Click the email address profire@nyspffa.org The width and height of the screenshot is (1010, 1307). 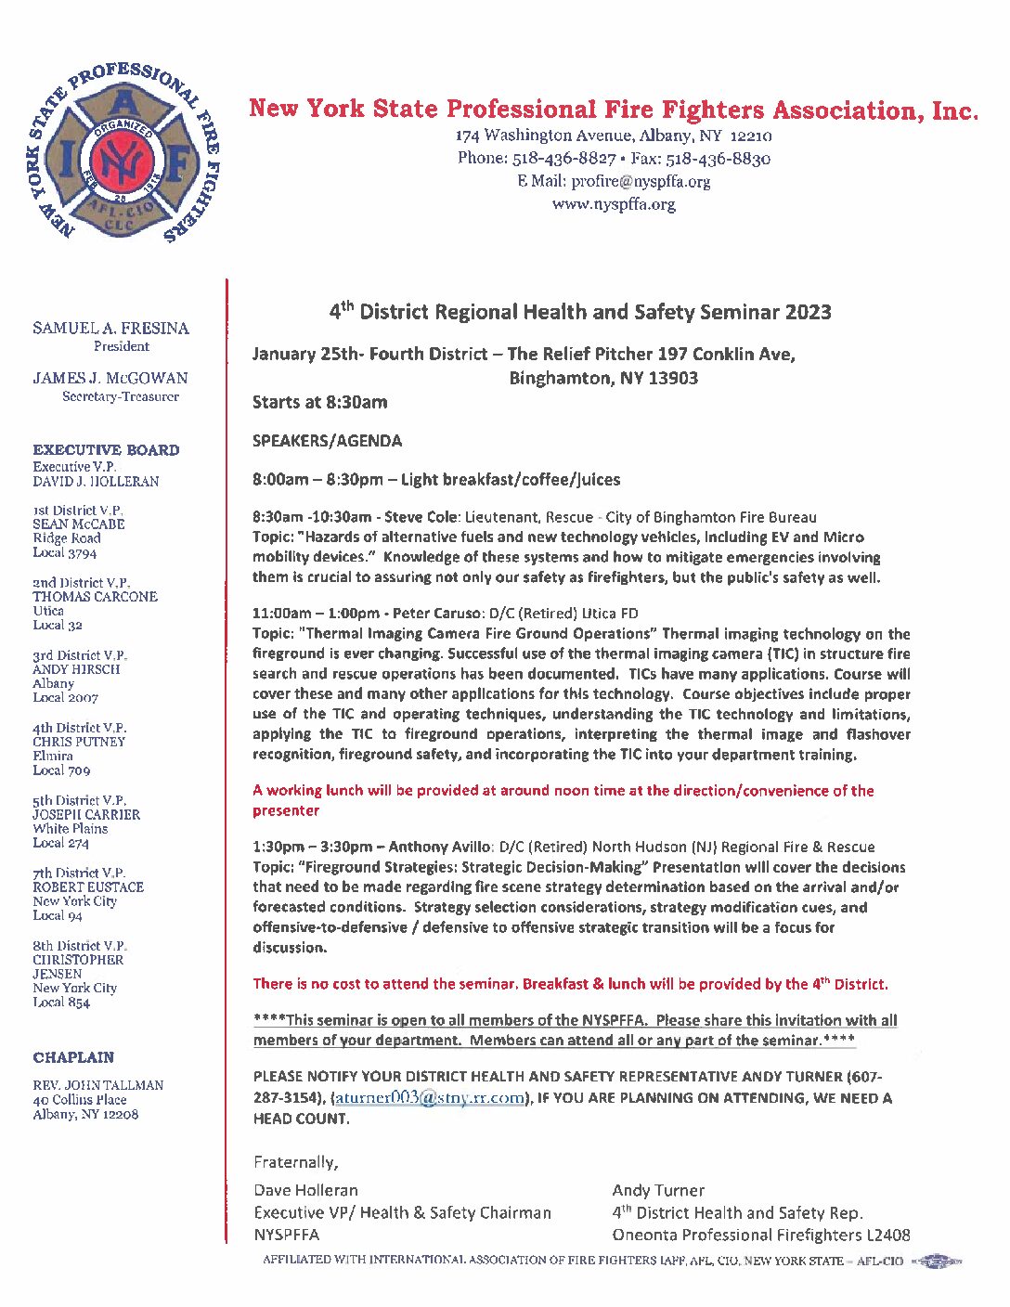coord(641,181)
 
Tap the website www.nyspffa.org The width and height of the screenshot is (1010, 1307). coord(614,204)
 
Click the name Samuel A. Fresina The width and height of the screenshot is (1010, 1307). coord(110,328)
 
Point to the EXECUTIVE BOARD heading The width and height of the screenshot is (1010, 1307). coord(106,450)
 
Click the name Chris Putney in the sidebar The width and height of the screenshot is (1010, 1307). coord(79,742)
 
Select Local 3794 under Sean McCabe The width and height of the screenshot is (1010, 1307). coord(64,552)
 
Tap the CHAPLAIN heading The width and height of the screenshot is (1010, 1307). coord(73,1057)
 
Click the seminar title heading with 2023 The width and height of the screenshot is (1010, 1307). coord(580,312)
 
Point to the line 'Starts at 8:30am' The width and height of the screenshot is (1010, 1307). coord(320,402)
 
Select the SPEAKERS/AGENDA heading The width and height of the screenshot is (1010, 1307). coord(327,441)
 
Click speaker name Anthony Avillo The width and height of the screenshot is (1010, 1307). coord(440,847)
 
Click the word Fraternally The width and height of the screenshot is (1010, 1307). coord(295,1162)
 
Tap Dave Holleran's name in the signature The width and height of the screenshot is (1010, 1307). coord(305,1190)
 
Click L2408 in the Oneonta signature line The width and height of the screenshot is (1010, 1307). coord(888,1235)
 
